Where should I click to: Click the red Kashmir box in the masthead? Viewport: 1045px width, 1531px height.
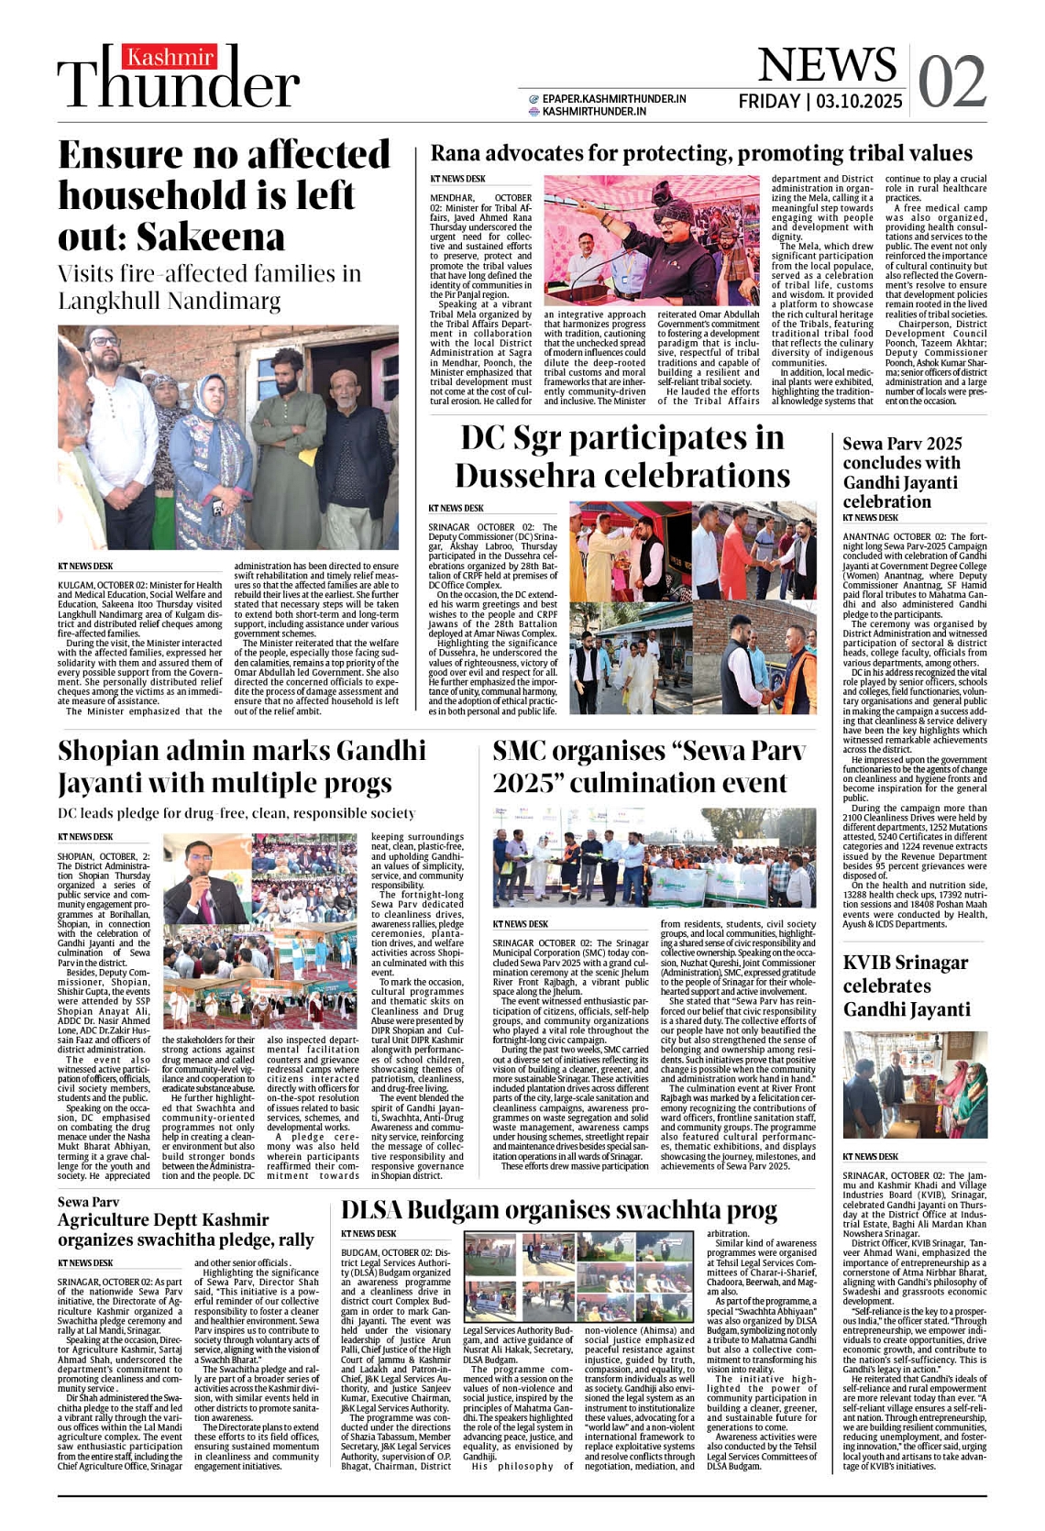171,59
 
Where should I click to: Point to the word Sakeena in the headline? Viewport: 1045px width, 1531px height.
211,237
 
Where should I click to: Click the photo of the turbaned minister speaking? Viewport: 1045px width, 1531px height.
652,240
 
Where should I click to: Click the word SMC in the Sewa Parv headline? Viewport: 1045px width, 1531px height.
526,751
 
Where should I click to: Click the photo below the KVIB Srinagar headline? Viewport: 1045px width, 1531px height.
914,1085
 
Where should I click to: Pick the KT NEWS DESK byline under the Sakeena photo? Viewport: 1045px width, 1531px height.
85,567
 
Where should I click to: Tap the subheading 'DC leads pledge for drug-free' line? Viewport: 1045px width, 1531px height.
236,813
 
